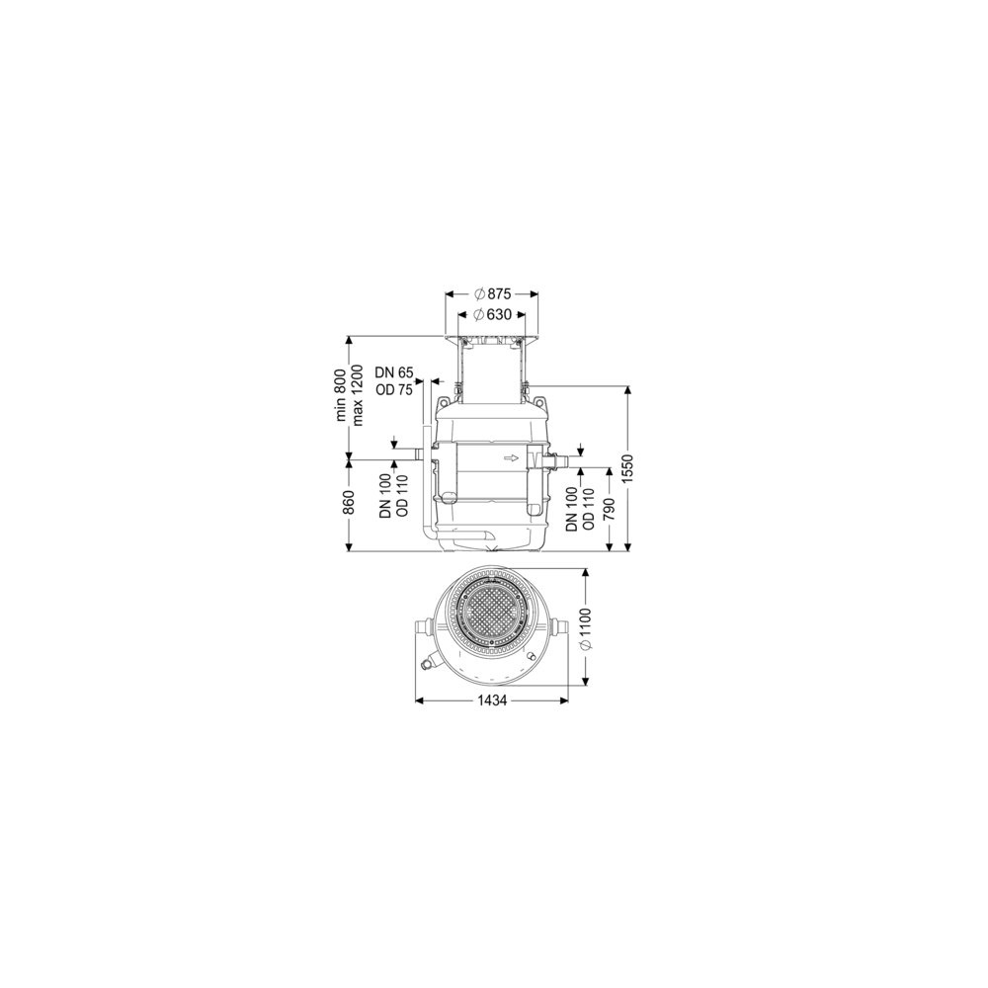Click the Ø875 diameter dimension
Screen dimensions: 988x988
click(491, 293)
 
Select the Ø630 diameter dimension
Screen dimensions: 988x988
click(491, 314)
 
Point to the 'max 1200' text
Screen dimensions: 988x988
click(358, 395)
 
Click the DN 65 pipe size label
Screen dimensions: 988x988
click(394, 372)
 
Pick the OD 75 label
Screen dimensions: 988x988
click(394, 390)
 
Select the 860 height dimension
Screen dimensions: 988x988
click(350, 502)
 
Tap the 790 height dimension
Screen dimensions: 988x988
click(609, 510)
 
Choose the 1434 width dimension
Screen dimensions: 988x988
click(491, 700)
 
